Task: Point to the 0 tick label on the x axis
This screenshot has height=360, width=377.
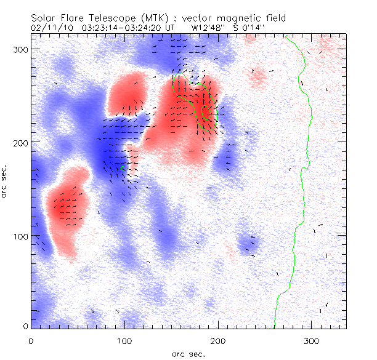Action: pos(31,340)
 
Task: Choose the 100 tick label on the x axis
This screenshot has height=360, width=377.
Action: pos(124,340)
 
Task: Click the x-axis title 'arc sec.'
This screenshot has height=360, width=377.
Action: pos(188,354)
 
